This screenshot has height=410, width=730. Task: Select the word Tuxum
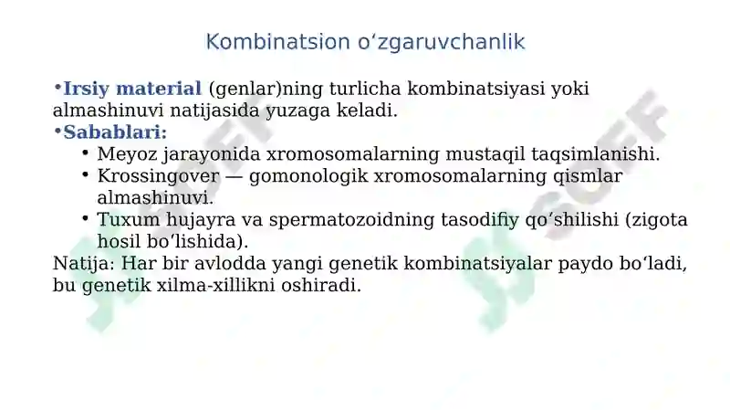[127, 220]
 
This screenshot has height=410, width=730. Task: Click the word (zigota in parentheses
[658, 220]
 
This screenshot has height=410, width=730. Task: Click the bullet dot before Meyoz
[85, 152]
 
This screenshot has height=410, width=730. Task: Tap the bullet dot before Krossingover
[85, 174]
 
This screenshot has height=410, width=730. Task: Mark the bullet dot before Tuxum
[85, 218]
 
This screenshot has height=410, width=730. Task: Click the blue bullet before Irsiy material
[57, 88]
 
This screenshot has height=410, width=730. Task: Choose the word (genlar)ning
[266, 89]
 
